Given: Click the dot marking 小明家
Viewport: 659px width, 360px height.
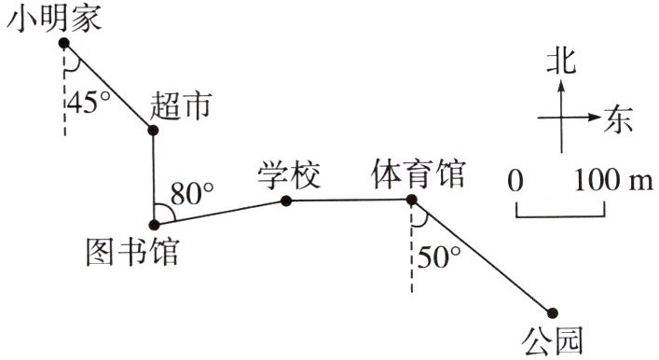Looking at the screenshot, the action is pos(64,43).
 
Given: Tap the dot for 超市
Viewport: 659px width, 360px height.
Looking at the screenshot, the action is pos(153,130).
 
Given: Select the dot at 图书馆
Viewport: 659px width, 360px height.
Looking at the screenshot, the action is pos(154,225).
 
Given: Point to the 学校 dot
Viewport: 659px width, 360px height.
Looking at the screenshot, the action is pos(286,201).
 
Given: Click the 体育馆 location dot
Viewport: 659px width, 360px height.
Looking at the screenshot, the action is pos(411,200).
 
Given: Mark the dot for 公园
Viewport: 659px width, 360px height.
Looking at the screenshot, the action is pos(552,312).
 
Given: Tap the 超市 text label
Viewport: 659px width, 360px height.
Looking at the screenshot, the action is pos(181,105).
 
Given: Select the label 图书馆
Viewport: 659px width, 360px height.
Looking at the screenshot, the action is pos(132,252).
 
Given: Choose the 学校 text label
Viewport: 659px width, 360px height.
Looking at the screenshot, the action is pos(290,175).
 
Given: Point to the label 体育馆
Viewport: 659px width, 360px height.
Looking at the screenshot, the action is pos(419,173).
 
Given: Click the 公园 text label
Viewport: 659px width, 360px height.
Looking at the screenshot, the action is pos(552,340).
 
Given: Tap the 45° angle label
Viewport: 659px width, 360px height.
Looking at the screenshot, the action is pos(89,103).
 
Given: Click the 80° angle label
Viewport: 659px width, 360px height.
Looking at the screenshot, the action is pos(193,193).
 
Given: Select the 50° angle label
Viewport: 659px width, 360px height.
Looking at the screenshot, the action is pos(439,256).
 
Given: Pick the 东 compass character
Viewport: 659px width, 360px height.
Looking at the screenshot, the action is pos(618,120).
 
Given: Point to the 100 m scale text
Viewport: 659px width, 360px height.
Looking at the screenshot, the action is pos(613,180).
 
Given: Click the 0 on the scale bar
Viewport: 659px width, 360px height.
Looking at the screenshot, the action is pos(515,181).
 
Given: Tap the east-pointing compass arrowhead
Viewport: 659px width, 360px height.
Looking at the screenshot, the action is pos(595,118).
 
